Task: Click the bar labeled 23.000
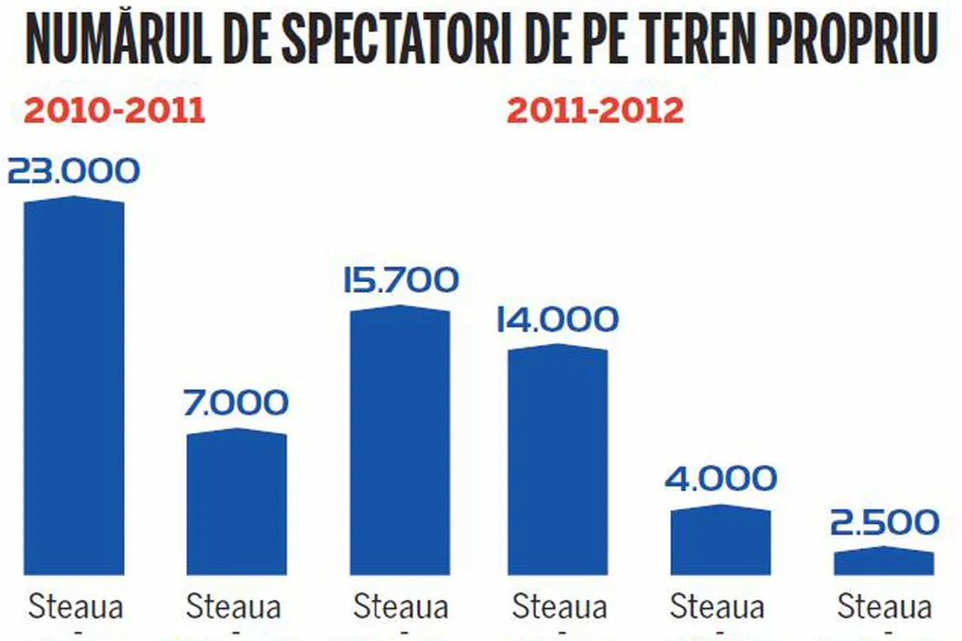point(73,385)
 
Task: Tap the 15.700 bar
point(400,440)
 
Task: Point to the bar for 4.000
point(720,540)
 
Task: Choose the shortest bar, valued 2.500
point(884,561)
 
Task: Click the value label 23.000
point(73,171)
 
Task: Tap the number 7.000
point(236,403)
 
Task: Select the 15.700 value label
point(400,280)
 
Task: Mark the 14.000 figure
point(558,320)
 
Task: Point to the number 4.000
point(720,478)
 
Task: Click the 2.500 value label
point(884,522)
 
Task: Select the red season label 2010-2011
point(114,111)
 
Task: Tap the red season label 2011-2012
point(596,111)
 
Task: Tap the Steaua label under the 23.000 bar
point(76,606)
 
